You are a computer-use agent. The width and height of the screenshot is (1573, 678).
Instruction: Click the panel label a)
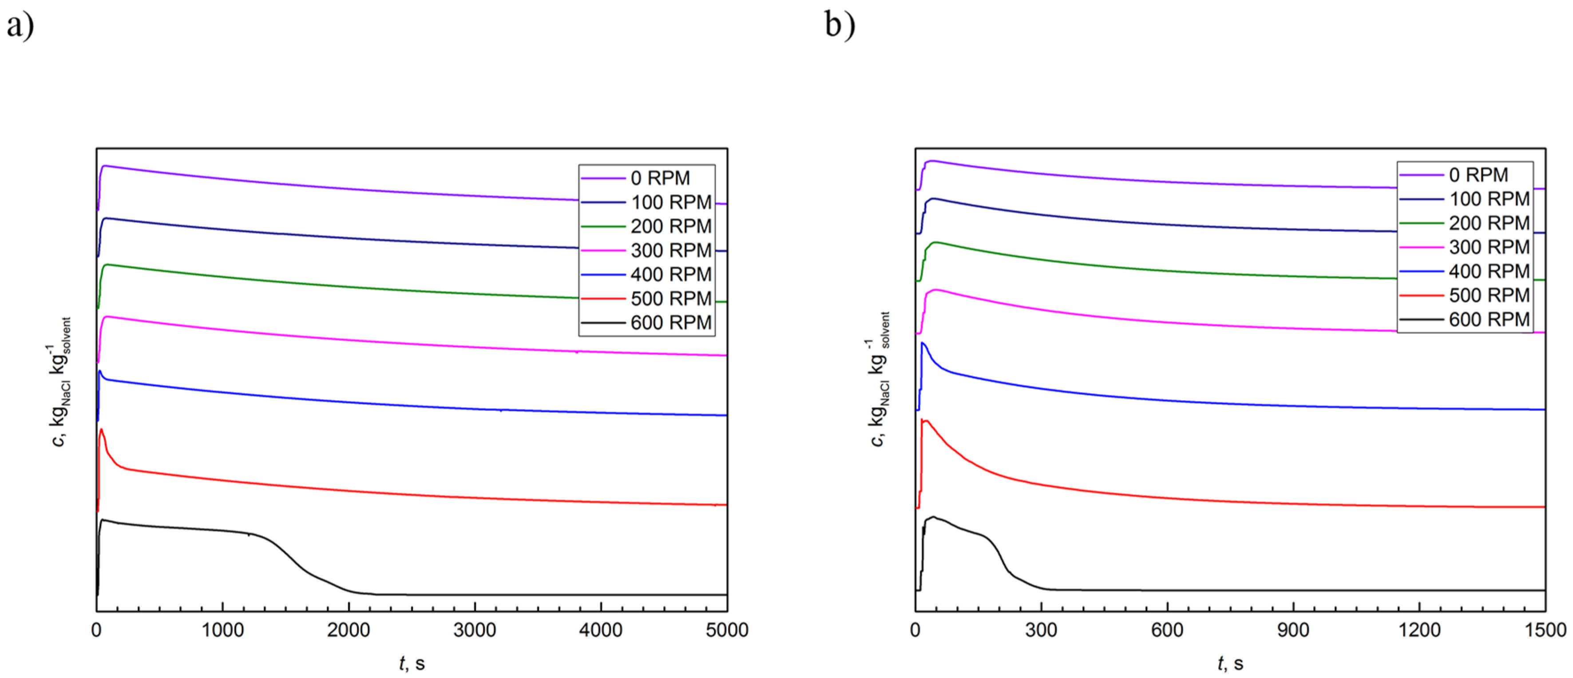coord(20,26)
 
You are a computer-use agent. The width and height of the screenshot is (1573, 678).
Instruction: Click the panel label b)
coord(840,26)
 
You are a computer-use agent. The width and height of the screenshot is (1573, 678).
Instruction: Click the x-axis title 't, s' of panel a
coord(412,663)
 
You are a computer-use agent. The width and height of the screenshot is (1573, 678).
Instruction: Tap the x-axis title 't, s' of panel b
coord(1230,663)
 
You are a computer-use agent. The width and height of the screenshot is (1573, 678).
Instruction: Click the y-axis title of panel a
coord(61,382)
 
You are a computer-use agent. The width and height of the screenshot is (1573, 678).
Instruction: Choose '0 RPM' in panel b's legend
coord(1478,175)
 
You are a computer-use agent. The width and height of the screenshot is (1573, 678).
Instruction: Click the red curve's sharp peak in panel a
coord(101,430)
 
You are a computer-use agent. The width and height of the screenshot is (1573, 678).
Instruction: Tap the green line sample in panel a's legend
coord(603,226)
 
